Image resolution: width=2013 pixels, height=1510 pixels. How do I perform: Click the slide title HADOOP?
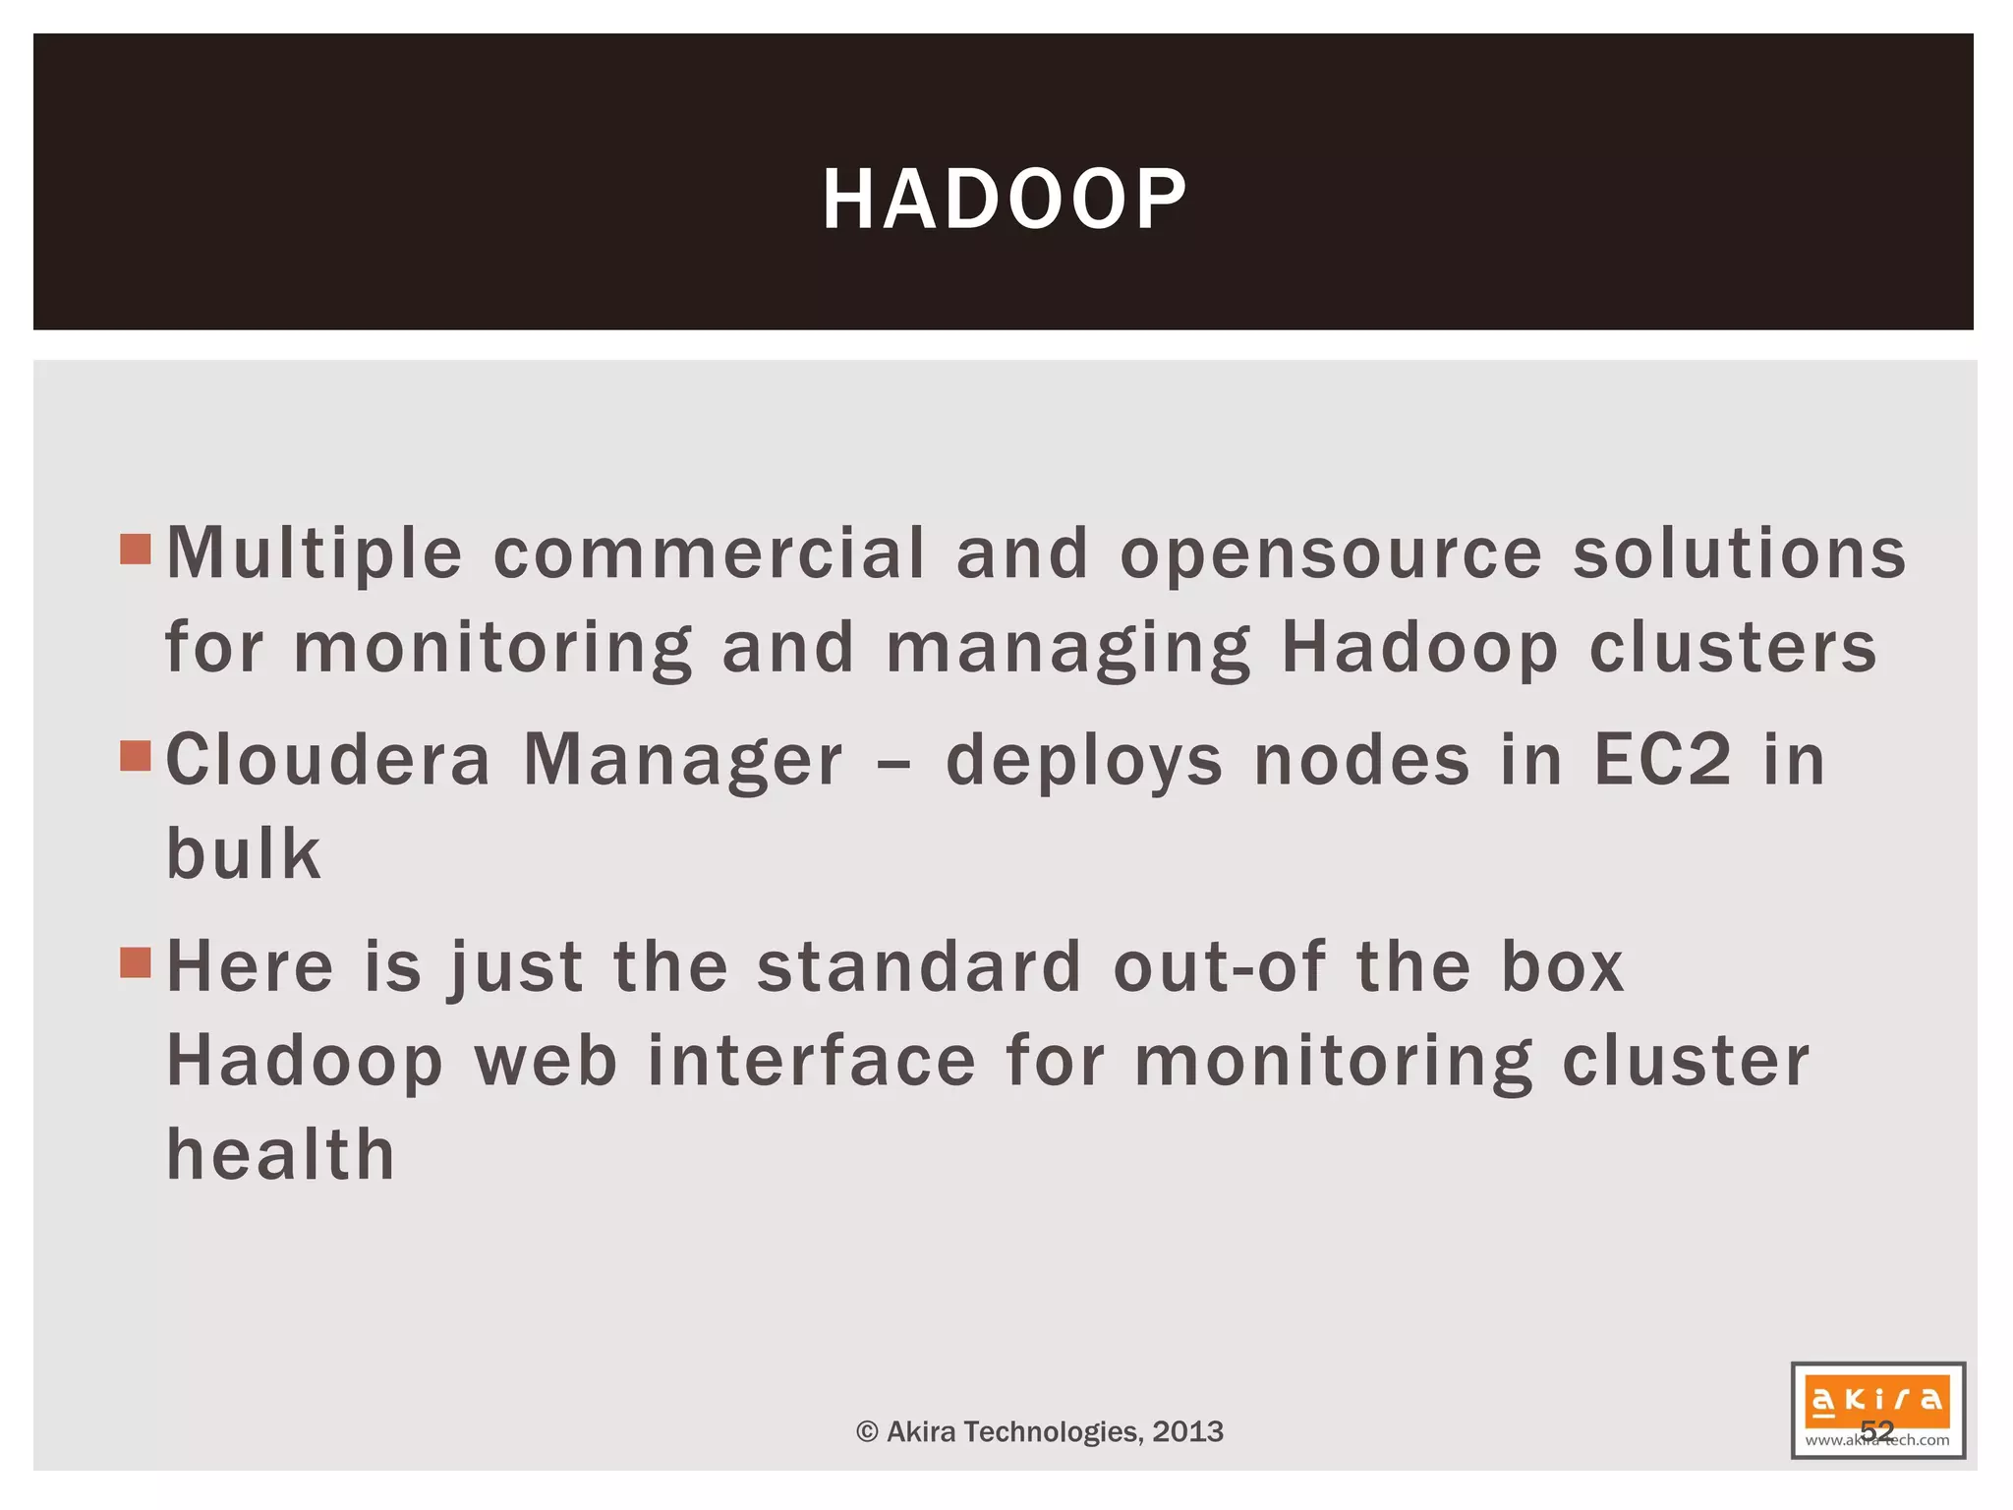point(1005,200)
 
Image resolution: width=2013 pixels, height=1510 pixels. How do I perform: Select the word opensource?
point(1332,553)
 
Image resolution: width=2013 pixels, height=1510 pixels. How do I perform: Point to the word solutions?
point(1740,553)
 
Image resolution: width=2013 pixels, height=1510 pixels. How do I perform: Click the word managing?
point(1068,649)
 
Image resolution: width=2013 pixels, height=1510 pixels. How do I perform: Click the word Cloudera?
point(328,760)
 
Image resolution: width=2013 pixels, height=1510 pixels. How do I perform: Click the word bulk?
point(244,853)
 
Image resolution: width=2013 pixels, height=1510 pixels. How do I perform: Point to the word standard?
point(919,966)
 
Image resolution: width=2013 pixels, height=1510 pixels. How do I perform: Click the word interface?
point(812,1061)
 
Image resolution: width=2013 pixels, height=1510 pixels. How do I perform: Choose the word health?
point(281,1154)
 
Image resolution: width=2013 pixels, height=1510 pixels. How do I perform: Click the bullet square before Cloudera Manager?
point(136,757)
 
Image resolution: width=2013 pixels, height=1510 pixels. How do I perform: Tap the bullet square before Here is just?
point(136,963)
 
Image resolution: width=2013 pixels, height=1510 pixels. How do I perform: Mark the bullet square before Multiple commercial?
point(136,550)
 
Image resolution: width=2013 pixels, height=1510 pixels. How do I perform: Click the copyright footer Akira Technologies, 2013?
point(1040,1431)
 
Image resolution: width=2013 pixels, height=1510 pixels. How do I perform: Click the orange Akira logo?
point(1877,1400)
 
